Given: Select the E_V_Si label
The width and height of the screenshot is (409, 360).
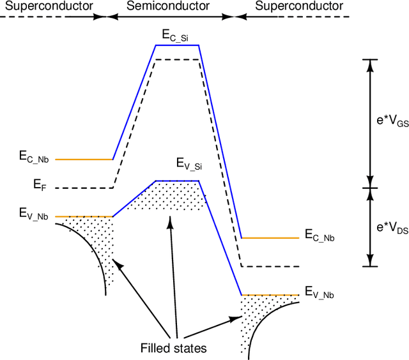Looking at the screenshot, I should tap(189, 165).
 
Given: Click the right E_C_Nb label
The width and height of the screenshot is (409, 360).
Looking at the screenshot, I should tap(320, 237).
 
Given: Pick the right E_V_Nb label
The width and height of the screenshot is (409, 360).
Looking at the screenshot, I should tap(320, 293).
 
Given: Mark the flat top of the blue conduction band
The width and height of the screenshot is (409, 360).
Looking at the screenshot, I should tap(178, 45).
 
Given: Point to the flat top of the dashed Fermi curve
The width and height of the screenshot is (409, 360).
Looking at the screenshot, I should tap(178, 59).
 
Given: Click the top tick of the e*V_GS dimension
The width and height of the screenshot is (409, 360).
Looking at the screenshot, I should tap(370, 59).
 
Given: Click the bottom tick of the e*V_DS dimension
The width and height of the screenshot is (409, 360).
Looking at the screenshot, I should tap(370, 266).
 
